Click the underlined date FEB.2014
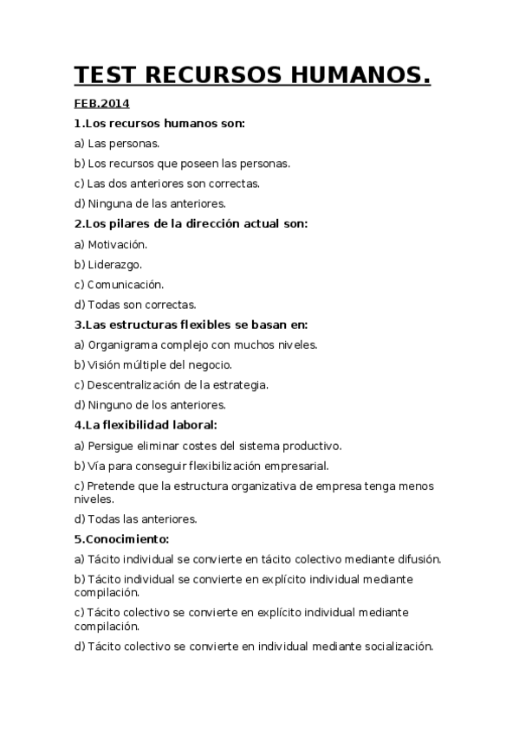click(x=101, y=105)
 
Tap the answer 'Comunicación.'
click(x=125, y=284)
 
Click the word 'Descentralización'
click(x=130, y=384)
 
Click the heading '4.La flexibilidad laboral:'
click(x=146, y=425)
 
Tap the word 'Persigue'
click(x=109, y=446)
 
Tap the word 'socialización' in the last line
click(x=396, y=647)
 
